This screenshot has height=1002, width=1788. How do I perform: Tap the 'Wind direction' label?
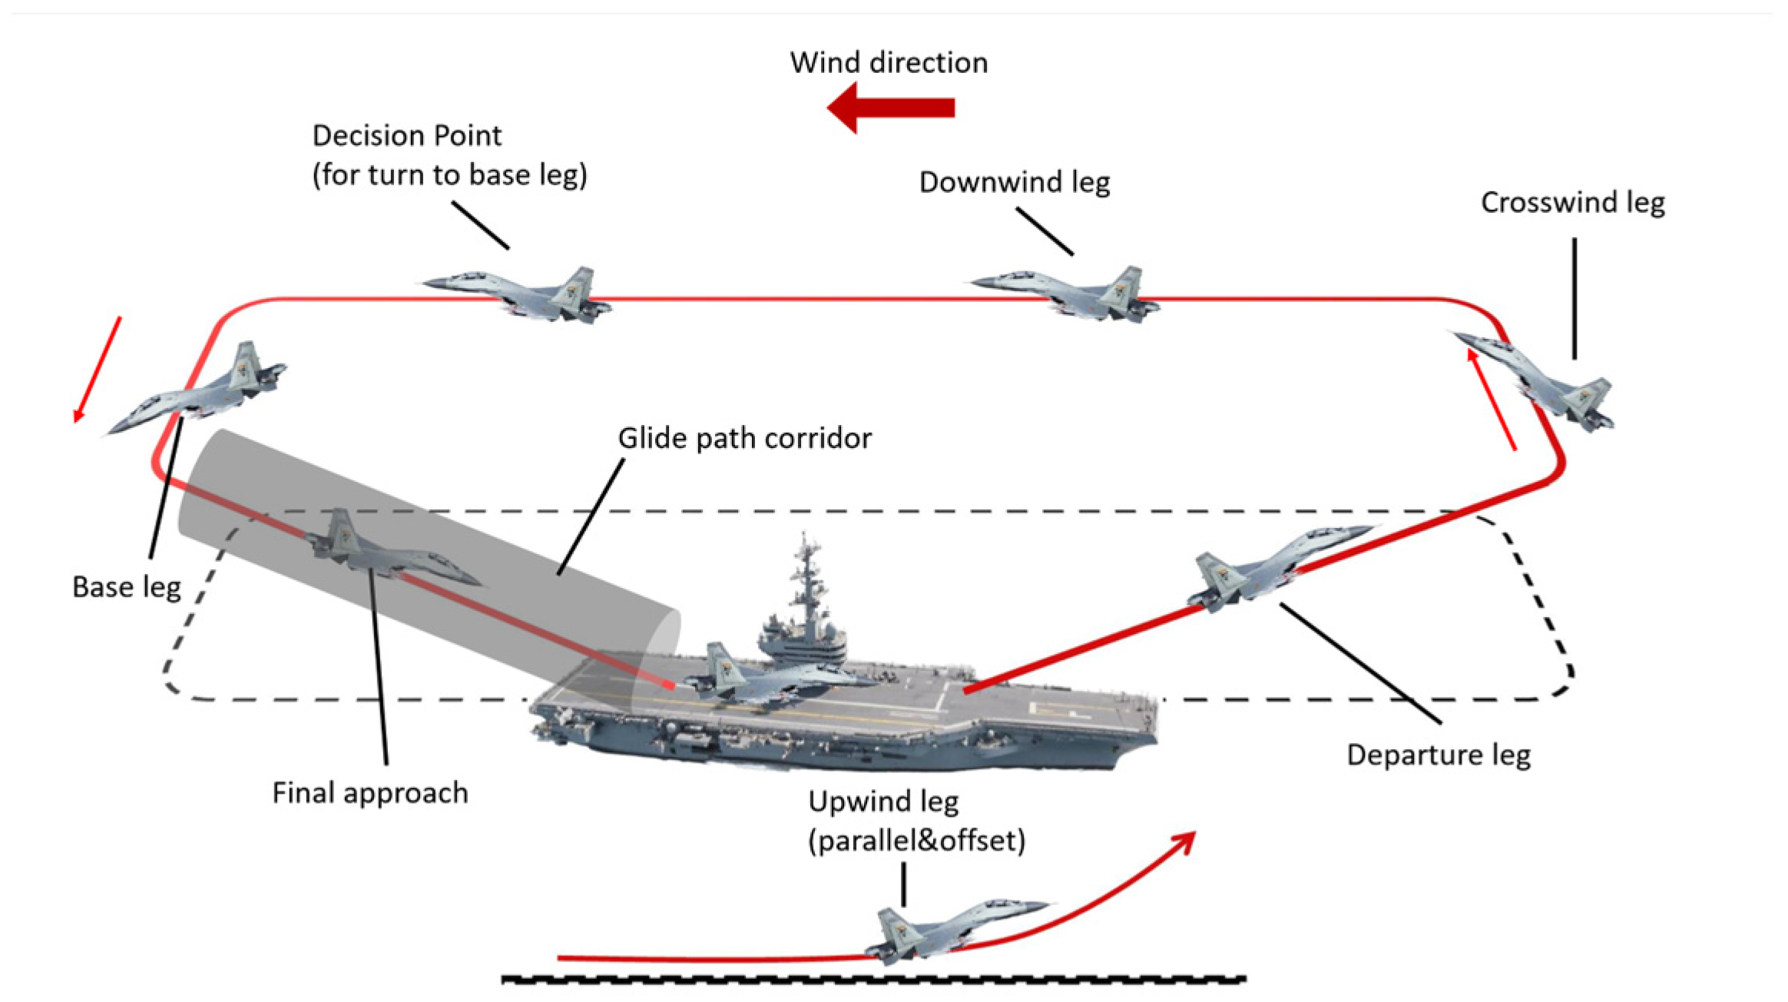pyautogui.click(x=889, y=63)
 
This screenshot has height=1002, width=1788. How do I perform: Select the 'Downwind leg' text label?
pyautogui.click(x=1014, y=183)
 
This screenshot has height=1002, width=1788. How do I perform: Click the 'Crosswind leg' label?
pyautogui.click(x=1572, y=203)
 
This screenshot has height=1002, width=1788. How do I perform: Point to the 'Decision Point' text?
pyautogui.click(x=406, y=136)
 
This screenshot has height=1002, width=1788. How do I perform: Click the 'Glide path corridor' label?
pyautogui.click(x=744, y=439)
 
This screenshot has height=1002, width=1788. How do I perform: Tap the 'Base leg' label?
pyautogui.click(x=127, y=588)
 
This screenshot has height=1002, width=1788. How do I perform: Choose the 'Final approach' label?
pyautogui.click(x=369, y=793)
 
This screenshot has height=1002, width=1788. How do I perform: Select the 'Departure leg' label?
pyautogui.click(x=1438, y=755)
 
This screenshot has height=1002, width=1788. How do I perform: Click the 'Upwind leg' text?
pyautogui.click(x=883, y=802)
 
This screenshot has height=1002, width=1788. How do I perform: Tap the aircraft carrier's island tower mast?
pyautogui.click(x=805, y=584)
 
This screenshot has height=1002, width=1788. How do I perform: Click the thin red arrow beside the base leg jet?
pyautogui.click(x=98, y=369)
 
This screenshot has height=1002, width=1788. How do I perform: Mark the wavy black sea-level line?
pyautogui.click(x=872, y=980)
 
